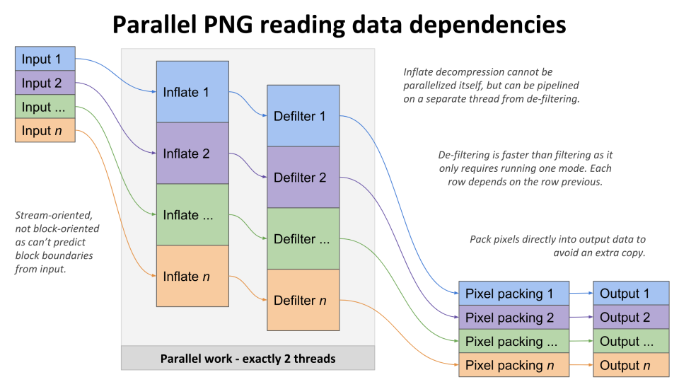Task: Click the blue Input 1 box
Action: point(45,59)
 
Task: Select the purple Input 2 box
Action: point(45,83)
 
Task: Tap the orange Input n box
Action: point(45,130)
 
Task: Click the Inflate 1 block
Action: point(192,92)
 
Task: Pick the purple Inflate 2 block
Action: point(192,153)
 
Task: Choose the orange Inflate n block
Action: point(192,276)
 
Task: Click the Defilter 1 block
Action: point(303,116)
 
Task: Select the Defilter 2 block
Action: point(303,177)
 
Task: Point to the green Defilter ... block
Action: point(303,238)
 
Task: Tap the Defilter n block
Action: point(303,300)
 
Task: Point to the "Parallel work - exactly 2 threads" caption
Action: point(248,358)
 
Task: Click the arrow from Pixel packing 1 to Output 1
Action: point(581,293)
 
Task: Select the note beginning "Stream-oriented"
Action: point(57,241)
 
